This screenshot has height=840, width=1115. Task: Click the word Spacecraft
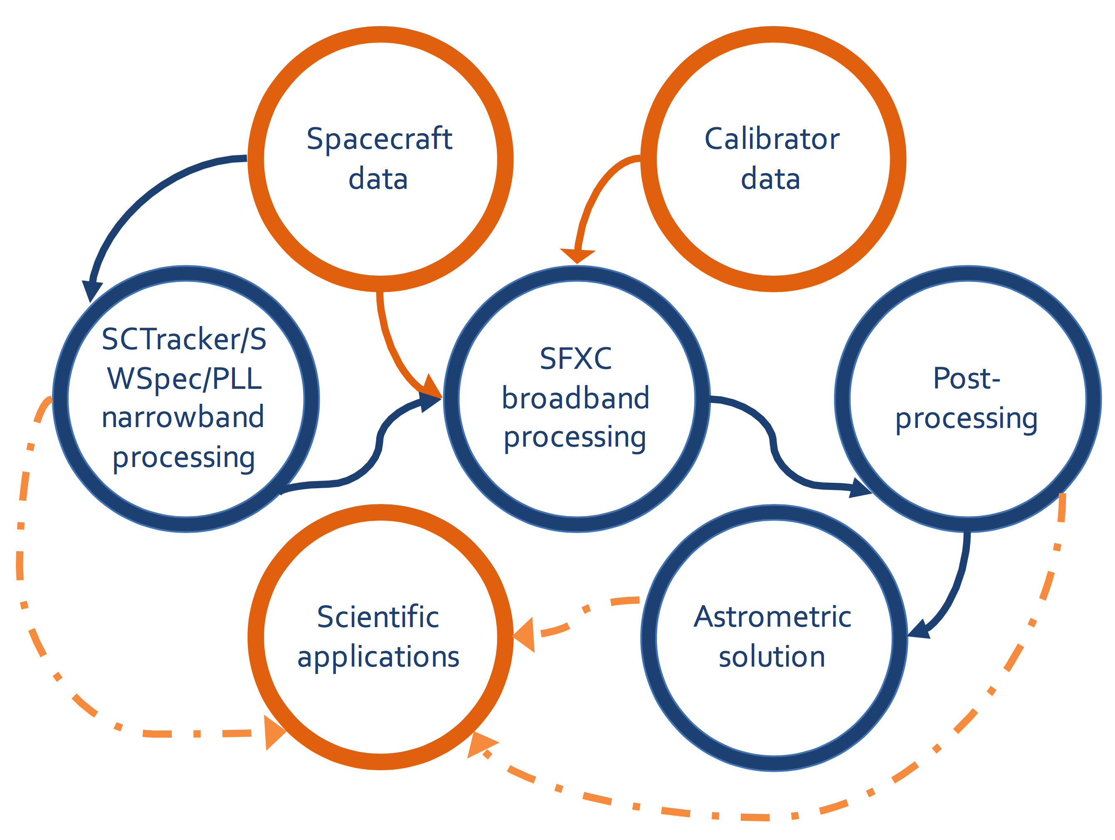tap(379, 140)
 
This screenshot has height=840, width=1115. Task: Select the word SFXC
tap(576, 358)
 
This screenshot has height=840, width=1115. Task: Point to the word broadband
tap(576, 398)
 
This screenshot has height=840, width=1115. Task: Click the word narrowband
tap(183, 417)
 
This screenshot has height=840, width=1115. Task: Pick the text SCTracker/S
tap(184, 339)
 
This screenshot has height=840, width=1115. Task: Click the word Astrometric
tap(773, 617)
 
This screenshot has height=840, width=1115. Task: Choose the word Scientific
tap(378, 617)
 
